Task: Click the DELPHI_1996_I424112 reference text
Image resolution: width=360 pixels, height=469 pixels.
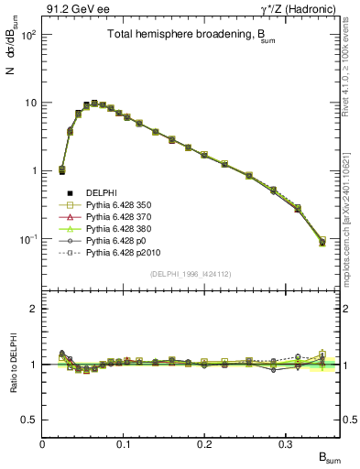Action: (x=191, y=274)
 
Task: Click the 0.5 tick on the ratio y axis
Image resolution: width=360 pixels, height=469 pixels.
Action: (x=29, y=420)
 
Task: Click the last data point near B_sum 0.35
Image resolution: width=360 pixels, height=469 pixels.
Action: (x=322, y=242)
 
